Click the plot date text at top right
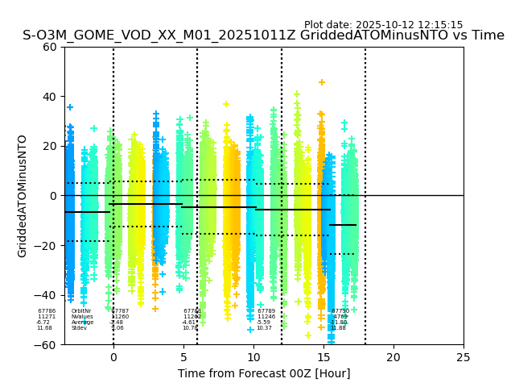click(x=383, y=25)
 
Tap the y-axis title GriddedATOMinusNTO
click(x=23, y=196)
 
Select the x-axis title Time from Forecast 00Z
click(x=264, y=373)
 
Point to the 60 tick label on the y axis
click(x=51, y=47)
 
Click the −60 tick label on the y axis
click(x=47, y=344)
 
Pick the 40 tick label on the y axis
click(x=51, y=97)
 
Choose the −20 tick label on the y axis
click(x=47, y=245)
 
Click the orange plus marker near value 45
click(x=322, y=82)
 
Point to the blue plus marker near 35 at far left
click(x=70, y=107)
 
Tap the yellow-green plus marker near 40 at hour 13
click(x=297, y=94)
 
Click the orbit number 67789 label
click(x=266, y=311)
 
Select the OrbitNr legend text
click(x=81, y=311)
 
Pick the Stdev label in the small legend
click(x=79, y=328)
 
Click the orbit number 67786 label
click(x=47, y=311)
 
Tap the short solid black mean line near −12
click(x=343, y=225)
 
